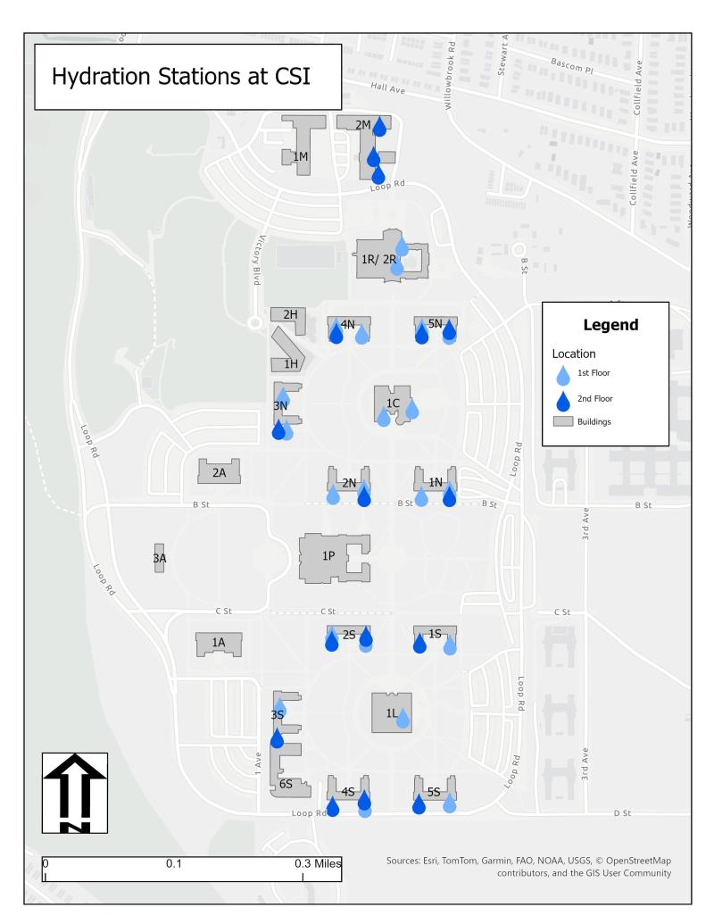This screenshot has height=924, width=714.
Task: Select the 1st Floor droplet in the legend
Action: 562,373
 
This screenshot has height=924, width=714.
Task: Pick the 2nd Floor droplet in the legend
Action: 562,398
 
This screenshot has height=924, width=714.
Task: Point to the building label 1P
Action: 328,556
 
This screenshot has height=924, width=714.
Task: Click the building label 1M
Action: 301,157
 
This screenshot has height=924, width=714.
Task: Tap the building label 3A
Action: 160,558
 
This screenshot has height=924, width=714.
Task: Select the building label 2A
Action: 219,472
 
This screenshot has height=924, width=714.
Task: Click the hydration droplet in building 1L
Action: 403,718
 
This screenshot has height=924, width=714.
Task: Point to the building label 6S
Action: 286,784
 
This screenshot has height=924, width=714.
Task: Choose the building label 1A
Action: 219,642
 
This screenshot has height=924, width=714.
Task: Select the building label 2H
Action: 290,314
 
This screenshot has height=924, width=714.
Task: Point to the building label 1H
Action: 291,364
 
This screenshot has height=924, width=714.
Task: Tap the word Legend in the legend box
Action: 610,325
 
